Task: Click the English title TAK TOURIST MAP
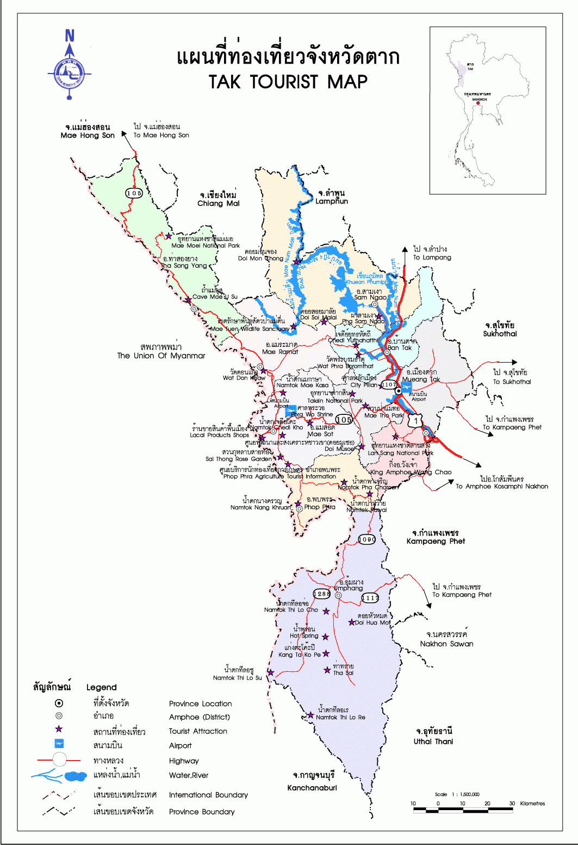click(x=288, y=82)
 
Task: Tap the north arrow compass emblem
click(x=70, y=71)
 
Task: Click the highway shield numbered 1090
click(x=367, y=539)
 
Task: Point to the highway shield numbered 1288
click(x=321, y=593)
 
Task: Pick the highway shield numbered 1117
click(x=370, y=598)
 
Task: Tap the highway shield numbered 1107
click(x=389, y=384)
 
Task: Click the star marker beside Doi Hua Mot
click(x=351, y=622)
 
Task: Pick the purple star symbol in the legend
click(x=59, y=729)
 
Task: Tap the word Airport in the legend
click(x=180, y=745)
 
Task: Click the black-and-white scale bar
click(x=463, y=810)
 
